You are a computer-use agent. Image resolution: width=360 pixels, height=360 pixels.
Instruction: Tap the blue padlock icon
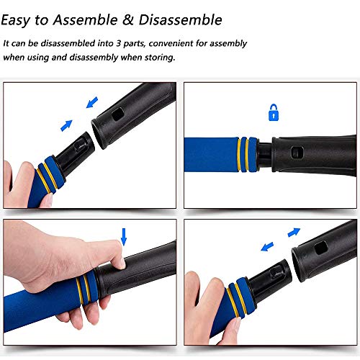(x=273, y=113)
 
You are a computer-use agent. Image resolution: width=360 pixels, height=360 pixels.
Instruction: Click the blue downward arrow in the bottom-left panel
(x=124, y=236)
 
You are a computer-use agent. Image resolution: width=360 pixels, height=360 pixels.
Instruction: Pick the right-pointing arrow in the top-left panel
(x=66, y=125)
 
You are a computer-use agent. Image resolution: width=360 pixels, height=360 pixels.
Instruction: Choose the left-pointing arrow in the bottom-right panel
(x=267, y=246)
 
